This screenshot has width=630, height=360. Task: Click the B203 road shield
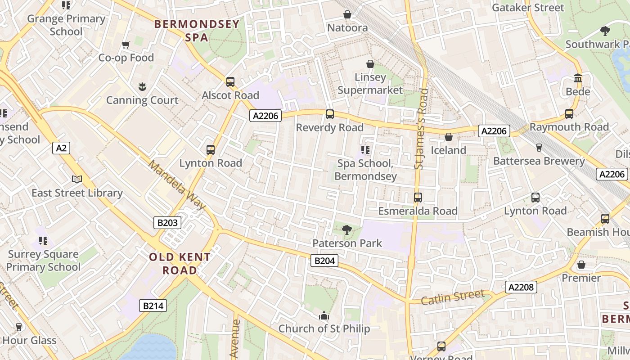(167, 222)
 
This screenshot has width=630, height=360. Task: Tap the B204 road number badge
(324, 261)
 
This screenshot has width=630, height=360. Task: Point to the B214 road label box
(153, 306)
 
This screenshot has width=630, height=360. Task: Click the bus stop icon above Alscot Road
(230, 82)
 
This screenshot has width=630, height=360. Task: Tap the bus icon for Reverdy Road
(330, 114)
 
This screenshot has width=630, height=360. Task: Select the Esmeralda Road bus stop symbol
(418, 198)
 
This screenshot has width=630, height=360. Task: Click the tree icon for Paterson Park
(347, 230)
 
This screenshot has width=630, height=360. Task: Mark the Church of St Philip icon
(324, 316)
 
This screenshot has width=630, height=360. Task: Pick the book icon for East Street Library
(77, 180)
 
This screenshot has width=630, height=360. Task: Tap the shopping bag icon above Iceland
(449, 137)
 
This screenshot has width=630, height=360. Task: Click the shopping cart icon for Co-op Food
(126, 45)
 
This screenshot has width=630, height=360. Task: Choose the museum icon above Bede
(578, 78)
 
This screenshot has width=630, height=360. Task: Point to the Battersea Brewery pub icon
(539, 148)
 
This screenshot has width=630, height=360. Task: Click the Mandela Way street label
(177, 185)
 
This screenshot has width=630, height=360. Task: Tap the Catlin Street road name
(453, 297)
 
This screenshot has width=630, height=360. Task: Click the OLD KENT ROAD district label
(180, 264)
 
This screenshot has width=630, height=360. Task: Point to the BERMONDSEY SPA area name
(197, 31)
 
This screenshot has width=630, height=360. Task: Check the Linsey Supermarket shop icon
(370, 64)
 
